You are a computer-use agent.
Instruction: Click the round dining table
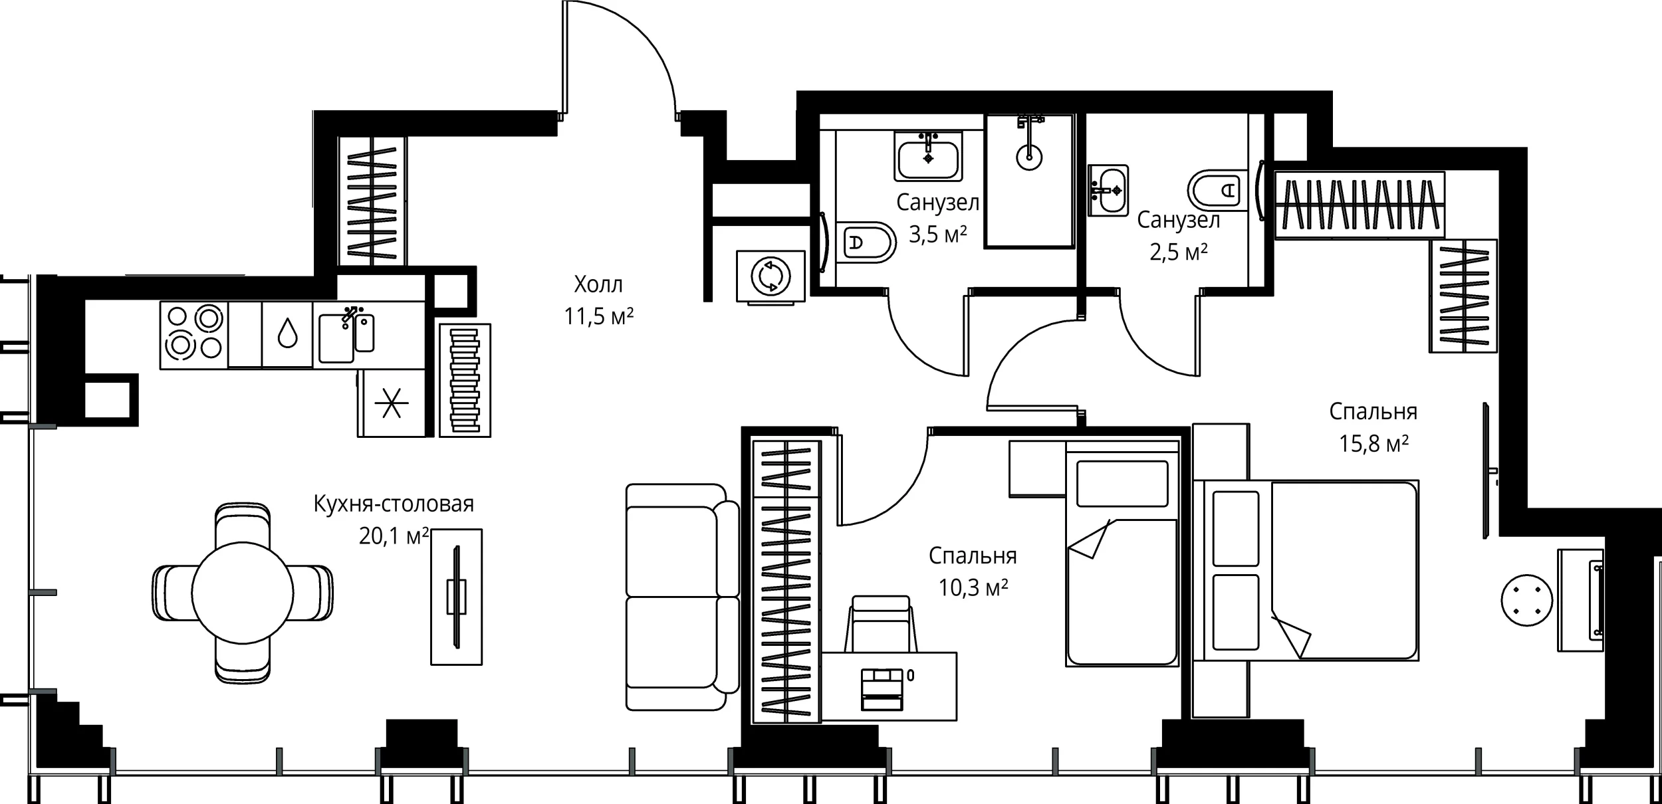pos(242,593)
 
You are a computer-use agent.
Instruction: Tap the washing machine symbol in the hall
pos(771,276)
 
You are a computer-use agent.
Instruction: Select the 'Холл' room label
pos(598,285)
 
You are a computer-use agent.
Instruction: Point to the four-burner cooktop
pos(194,335)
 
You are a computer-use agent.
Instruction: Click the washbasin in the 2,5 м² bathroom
pos(1108,191)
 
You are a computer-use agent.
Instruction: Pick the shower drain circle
pos(1029,157)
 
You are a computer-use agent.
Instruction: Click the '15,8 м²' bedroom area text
pos(1373,444)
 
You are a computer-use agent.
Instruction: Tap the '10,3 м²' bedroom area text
pos(973,587)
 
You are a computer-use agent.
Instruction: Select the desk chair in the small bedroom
pos(880,625)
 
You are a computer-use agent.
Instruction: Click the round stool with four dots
pos(1527,600)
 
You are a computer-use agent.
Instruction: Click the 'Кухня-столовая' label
pos(394,504)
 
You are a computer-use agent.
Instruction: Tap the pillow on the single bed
pos(1122,484)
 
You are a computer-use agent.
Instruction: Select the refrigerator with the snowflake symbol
pos(392,403)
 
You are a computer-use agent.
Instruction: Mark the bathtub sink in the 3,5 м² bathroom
pos(928,157)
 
